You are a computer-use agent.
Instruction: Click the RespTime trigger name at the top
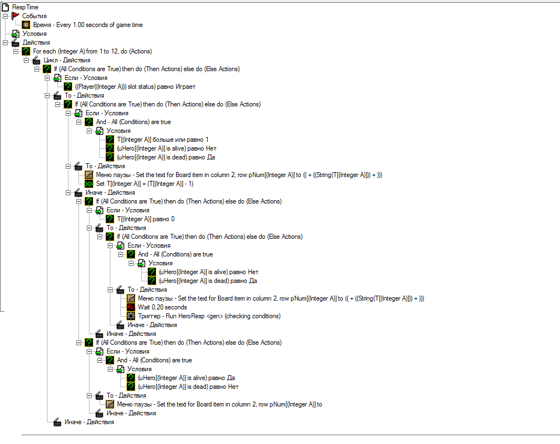point(25,7)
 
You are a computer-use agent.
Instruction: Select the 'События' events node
point(34,16)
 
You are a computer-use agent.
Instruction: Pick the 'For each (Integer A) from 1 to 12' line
point(92,51)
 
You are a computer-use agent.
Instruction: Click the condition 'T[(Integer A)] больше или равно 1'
point(163,140)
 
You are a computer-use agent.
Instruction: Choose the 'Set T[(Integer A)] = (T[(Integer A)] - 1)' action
point(145,184)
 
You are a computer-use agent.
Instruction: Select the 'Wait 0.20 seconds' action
point(162,307)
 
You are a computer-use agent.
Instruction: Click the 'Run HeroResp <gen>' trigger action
point(209,316)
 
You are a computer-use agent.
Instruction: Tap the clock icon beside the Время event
point(26,25)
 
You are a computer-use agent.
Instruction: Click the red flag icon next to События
point(15,16)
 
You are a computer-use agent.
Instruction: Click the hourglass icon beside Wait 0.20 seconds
point(131,307)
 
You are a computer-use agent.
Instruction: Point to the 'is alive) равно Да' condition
point(187,378)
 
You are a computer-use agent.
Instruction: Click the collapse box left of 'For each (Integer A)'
point(15,51)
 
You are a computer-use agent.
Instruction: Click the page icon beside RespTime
point(6,7)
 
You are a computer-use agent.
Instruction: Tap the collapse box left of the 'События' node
point(5,16)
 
